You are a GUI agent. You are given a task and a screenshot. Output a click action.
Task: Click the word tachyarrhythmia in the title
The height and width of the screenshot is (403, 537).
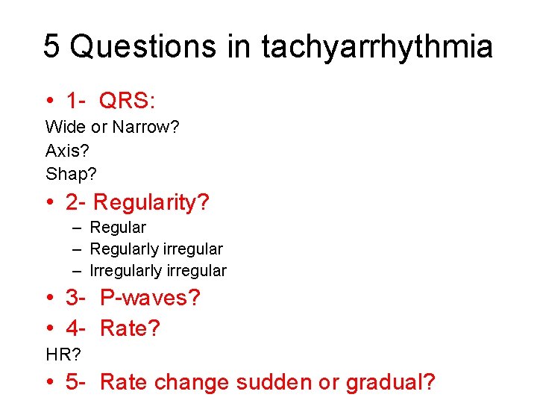(377, 46)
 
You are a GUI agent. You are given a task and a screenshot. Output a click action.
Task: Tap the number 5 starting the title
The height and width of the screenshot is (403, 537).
(51, 46)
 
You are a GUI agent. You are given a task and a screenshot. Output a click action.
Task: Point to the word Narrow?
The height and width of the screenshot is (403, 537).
(146, 128)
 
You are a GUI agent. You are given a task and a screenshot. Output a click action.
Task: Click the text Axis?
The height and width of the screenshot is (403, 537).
(67, 151)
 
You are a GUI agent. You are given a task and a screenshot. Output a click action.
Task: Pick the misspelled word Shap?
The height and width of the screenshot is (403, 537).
(71, 175)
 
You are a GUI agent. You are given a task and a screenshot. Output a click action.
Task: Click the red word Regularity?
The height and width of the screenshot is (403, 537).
(151, 202)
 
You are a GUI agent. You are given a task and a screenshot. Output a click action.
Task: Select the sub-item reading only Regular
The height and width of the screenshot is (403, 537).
(118, 227)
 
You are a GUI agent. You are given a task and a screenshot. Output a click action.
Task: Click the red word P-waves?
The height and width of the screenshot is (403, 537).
(150, 298)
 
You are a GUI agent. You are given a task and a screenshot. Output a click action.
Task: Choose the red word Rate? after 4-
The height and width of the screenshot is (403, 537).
(130, 328)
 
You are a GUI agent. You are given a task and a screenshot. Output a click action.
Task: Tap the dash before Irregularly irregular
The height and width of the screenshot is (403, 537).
(78, 270)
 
